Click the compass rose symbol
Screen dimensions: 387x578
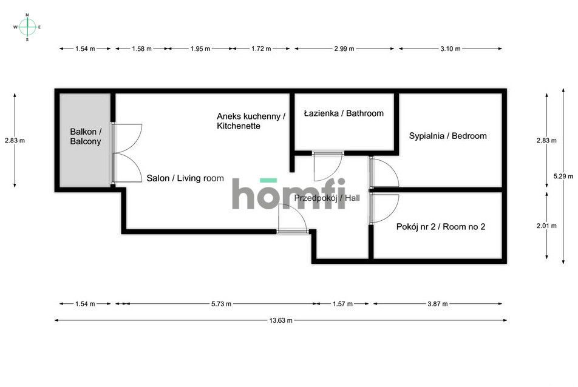click(x=27, y=27)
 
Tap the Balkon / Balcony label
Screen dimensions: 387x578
click(x=86, y=136)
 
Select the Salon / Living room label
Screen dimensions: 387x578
click(x=185, y=178)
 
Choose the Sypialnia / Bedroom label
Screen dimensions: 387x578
click(x=447, y=136)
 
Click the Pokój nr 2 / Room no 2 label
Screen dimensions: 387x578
click(x=440, y=227)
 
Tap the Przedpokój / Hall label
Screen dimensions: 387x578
click(x=327, y=198)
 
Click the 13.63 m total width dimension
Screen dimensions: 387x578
click(x=280, y=320)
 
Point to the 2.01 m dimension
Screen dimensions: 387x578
click(x=546, y=226)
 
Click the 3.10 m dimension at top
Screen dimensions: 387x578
click(x=450, y=49)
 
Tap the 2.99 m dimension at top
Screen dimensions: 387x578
click(x=344, y=49)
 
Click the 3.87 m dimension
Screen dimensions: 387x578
click(x=437, y=305)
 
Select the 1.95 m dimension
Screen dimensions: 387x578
click(x=199, y=49)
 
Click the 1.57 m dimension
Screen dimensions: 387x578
click(x=342, y=305)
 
